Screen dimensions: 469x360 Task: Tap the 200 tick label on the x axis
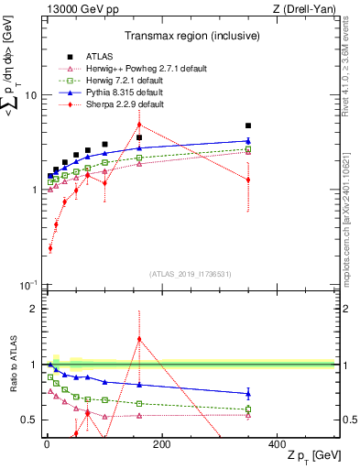click(x=161, y=443)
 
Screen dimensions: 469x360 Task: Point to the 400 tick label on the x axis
click(x=277, y=443)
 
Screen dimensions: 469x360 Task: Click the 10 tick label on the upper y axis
click(x=28, y=95)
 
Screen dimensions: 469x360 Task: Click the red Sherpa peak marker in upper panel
click(x=139, y=125)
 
